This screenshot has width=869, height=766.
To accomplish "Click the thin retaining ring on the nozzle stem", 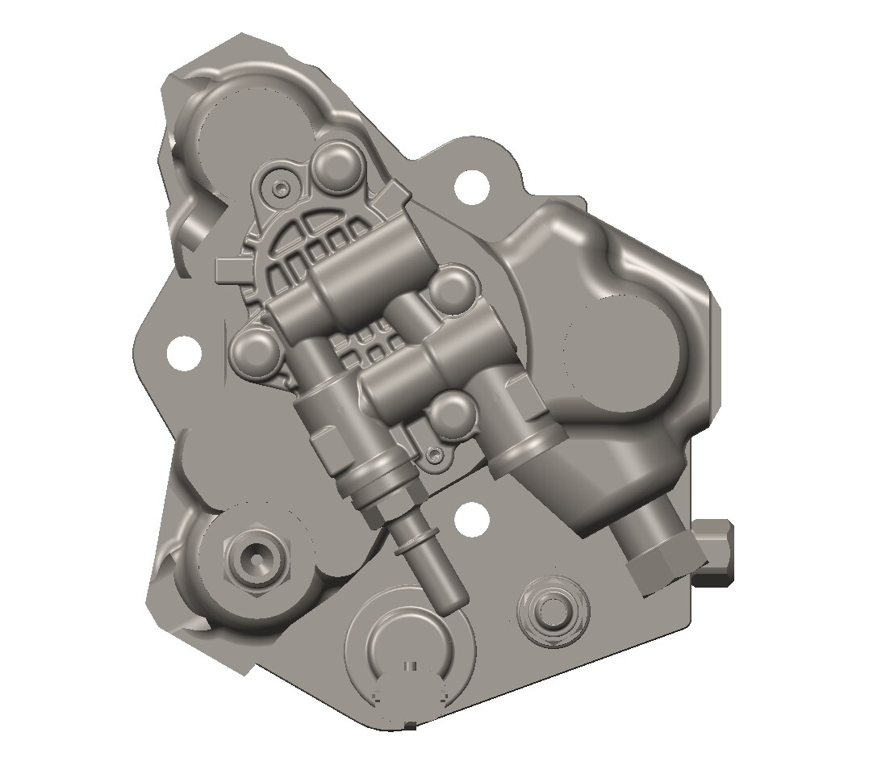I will point(414,542).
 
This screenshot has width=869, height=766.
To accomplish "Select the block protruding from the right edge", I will point(715,551).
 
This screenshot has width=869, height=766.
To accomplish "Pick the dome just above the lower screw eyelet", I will point(449,414).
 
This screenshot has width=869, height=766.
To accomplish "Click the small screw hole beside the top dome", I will point(281,188).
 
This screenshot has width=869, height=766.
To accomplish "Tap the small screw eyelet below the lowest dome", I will point(436,456).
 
